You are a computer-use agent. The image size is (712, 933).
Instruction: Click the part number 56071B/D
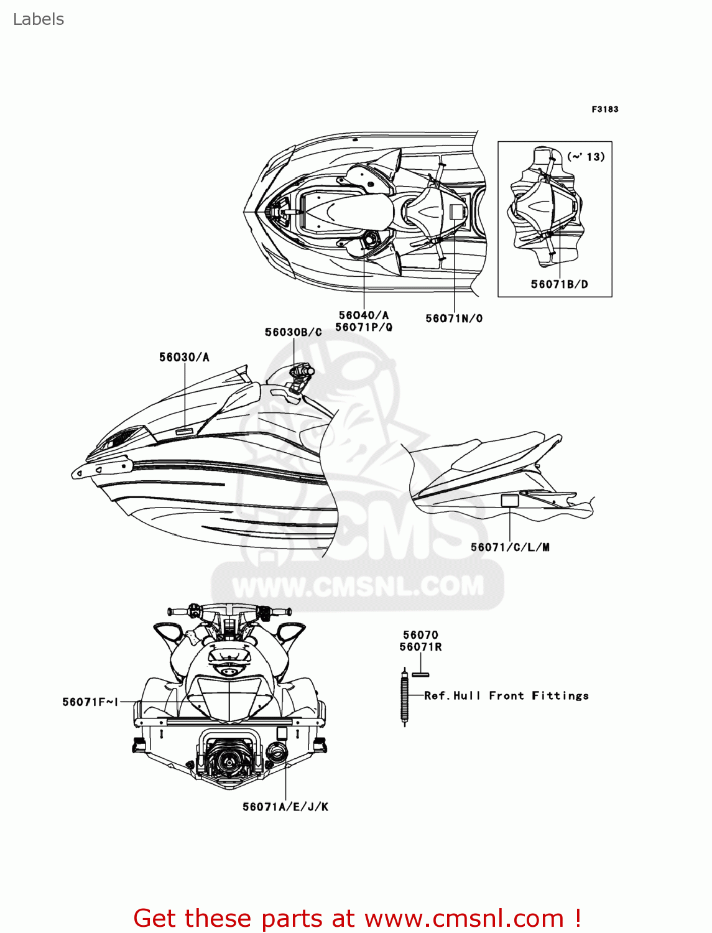[559, 284]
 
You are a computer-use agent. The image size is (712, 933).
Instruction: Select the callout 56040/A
[364, 315]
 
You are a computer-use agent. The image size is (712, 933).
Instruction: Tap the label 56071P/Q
[364, 327]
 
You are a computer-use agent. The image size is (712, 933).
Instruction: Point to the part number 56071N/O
[454, 318]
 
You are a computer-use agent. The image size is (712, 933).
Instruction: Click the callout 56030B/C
[294, 332]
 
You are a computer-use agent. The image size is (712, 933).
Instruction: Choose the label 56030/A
[184, 357]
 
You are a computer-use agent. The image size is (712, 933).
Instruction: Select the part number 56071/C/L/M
[510, 547]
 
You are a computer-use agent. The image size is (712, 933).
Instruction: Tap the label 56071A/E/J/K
[285, 807]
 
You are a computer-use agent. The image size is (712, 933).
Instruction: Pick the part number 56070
[420, 635]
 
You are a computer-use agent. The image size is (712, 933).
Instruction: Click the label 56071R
[420, 647]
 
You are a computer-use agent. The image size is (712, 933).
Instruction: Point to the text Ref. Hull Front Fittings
[506, 695]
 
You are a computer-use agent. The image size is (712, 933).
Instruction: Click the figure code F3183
[604, 109]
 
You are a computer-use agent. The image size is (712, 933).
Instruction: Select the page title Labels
[39, 19]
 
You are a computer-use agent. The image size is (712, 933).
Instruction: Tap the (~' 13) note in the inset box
[586, 157]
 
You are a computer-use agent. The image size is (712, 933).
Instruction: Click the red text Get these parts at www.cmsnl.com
[358, 918]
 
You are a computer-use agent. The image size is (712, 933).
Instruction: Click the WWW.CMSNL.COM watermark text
[358, 586]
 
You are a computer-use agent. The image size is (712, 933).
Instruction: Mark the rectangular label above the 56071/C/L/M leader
[510, 501]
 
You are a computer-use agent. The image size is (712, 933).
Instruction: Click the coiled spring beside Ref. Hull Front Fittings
[405, 699]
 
